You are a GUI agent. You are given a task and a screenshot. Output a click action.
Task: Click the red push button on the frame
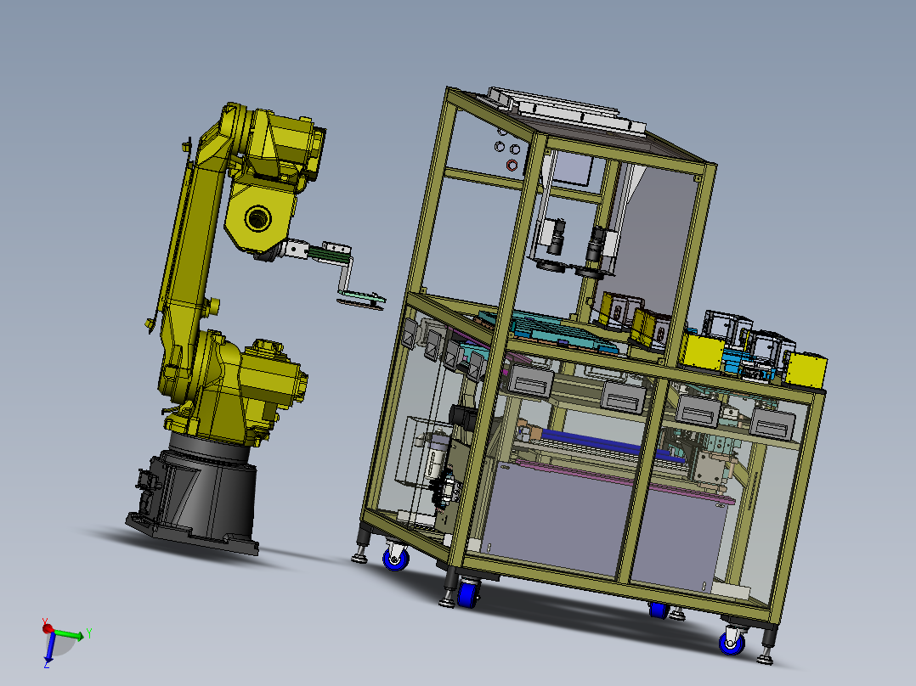pos(512,165)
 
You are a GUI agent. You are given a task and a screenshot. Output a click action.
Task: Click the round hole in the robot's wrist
pos(257,218)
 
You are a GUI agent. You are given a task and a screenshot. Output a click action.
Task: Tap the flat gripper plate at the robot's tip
pos(361,300)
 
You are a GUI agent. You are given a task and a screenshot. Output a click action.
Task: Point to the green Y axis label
pos(88,633)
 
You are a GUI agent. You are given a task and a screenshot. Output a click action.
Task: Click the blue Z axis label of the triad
pos(46,665)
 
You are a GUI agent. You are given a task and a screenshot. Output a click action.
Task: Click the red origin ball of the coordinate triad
pos(48,629)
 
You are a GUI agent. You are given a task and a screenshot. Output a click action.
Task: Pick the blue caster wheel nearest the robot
pos(396,558)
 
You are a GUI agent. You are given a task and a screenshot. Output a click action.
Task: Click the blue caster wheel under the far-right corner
pos(732,643)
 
